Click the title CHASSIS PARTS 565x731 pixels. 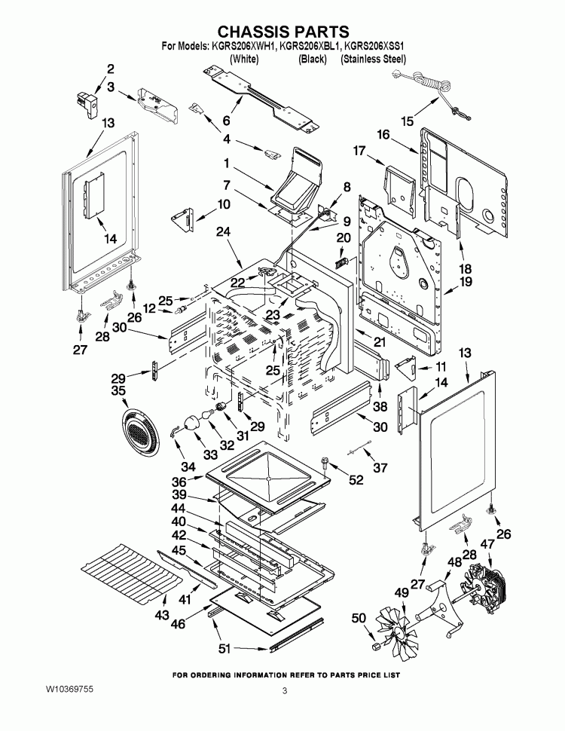click(282, 31)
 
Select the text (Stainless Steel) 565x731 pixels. click(374, 58)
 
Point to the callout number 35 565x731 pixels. click(119, 391)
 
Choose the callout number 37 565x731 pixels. click(379, 467)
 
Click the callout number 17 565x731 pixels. click(359, 151)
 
